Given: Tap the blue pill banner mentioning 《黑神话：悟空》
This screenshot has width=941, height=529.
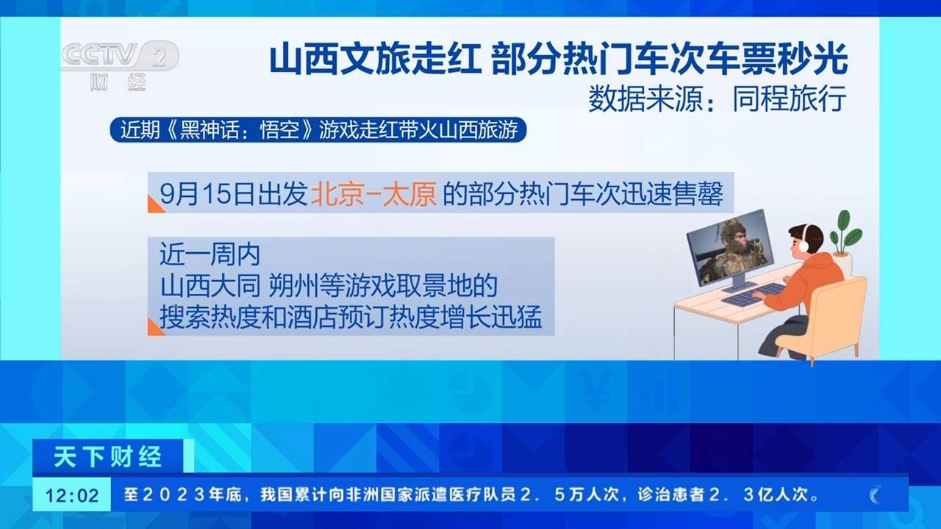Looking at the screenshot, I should [x=318, y=130].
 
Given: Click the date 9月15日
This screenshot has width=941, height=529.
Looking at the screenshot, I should [x=198, y=194].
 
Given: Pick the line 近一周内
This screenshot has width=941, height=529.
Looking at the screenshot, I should [x=210, y=256].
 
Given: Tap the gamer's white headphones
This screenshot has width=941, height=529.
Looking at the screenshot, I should [x=806, y=237].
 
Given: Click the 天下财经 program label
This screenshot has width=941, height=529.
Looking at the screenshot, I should [x=108, y=458].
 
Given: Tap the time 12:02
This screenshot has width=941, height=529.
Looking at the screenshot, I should [x=72, y=495].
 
